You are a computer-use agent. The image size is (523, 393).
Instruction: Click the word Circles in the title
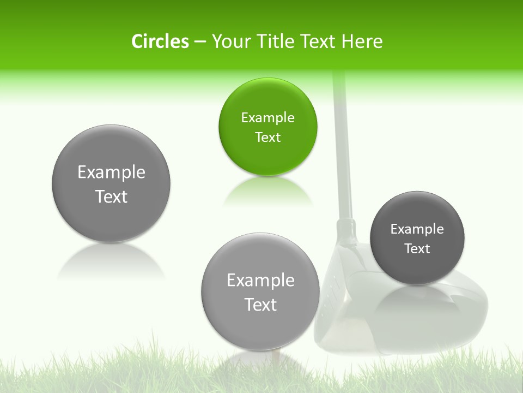160,41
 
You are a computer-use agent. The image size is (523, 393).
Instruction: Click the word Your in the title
230,41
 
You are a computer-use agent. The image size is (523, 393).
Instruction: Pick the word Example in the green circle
267,117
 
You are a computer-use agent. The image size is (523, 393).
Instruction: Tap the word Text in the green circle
267,137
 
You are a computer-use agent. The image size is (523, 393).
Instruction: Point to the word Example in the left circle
111,172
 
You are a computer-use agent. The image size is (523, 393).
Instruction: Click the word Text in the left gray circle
111,196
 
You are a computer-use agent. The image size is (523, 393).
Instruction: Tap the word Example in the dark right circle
417,229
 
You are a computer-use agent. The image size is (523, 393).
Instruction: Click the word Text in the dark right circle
417,248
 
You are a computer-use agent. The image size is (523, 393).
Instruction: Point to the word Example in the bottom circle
260,281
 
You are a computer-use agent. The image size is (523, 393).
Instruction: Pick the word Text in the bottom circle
260,305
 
